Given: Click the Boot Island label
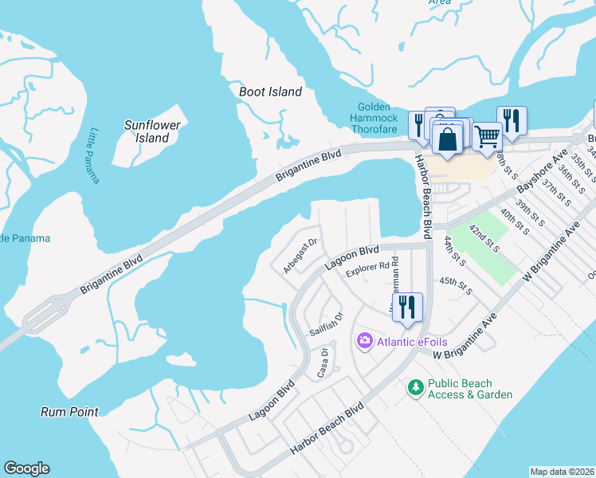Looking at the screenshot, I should point(271,92).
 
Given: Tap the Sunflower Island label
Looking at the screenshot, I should point(152,131).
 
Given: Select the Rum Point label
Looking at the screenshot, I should point(70,412).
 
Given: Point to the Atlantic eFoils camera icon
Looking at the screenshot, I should point(364,341).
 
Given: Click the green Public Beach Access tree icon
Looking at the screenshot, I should point(414,388).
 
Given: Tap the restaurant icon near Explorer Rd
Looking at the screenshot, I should point(407,307).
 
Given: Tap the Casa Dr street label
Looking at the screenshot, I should point(323,362).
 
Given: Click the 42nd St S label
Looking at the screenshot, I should point(485,238).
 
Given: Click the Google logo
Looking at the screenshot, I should point(26,468).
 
